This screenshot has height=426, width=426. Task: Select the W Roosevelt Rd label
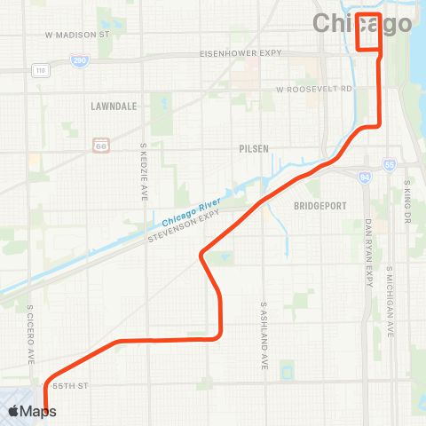pyautogui.click(x=313, y=90)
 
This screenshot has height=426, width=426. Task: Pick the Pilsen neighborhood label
pyautogui.click(x=254, y=149)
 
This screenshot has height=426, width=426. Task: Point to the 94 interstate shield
pyautogui.click(x=366, y=177)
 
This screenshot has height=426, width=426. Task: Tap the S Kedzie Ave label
pyautogui.click(x=143, y=171)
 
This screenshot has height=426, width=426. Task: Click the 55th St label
pyautogui.click(x=72, y=387)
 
